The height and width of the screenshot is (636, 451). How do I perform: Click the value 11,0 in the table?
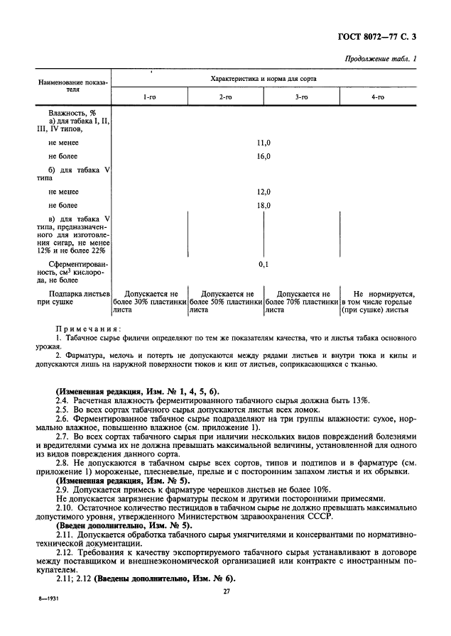point(263,143)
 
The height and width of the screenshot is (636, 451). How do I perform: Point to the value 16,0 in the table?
point(263,156)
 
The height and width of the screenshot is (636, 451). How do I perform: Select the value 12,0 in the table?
point(263,192)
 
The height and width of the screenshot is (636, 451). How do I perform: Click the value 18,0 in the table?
point(263,205)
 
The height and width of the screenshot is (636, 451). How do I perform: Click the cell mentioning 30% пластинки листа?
point(149,302)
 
